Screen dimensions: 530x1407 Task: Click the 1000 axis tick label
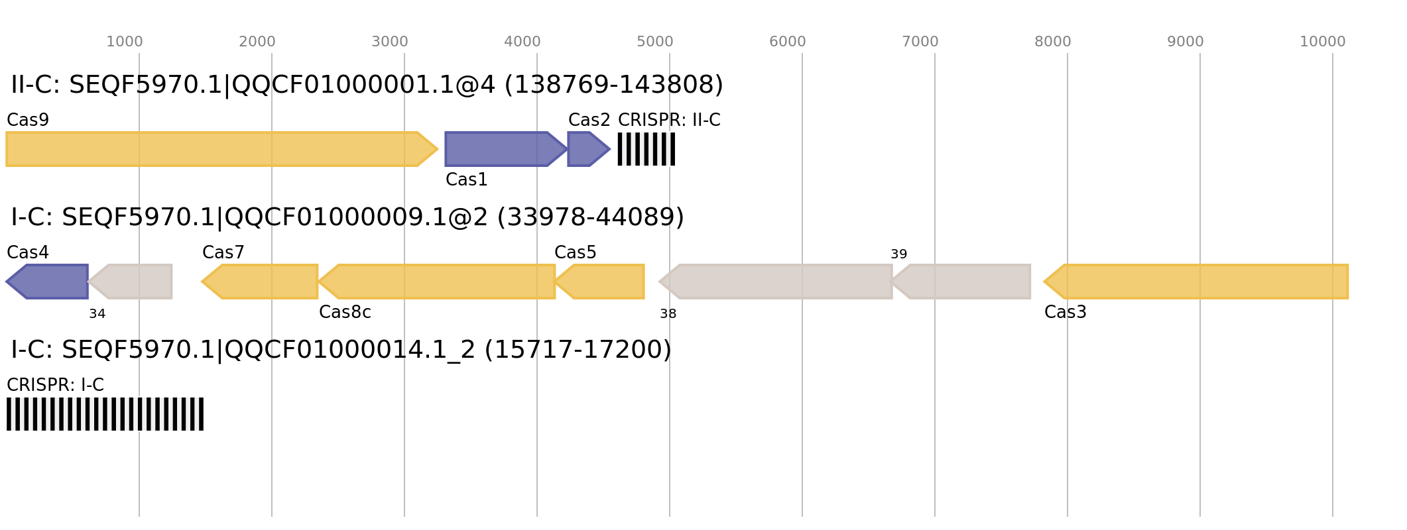point(125,42)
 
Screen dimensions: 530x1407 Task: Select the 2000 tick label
point(257,42)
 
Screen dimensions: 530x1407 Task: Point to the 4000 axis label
point(522,42)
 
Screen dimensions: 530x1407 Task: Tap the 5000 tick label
point(655,42)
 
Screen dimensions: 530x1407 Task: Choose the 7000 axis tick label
point(920,42)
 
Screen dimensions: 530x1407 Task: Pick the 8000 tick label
point(1053,42)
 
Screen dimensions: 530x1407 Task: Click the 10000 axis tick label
point(1323,42)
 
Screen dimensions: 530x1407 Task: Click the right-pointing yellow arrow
point(219,149)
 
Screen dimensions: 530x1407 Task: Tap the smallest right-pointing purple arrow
point(587,149)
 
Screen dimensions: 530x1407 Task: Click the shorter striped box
point(646,149)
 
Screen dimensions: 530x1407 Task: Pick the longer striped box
point(105,414)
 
